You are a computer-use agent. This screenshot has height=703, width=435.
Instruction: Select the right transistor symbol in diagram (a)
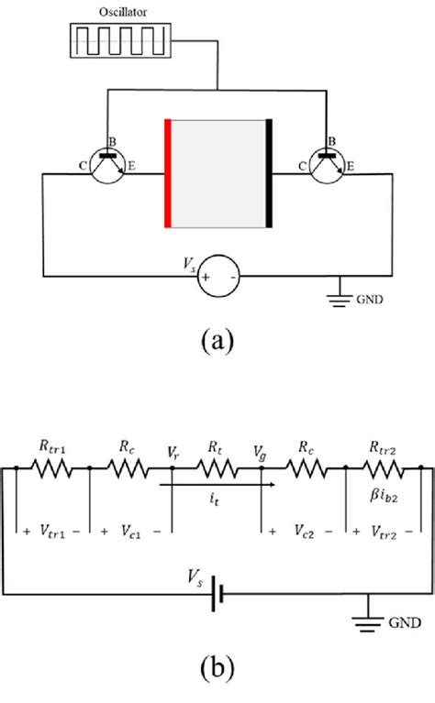click(329, 168)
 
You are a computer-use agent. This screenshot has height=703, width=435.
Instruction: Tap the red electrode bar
click(168, 173)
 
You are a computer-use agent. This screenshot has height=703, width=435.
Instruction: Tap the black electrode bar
click(269, 173)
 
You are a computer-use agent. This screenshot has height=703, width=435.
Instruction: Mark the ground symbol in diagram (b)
click(369, 619)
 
